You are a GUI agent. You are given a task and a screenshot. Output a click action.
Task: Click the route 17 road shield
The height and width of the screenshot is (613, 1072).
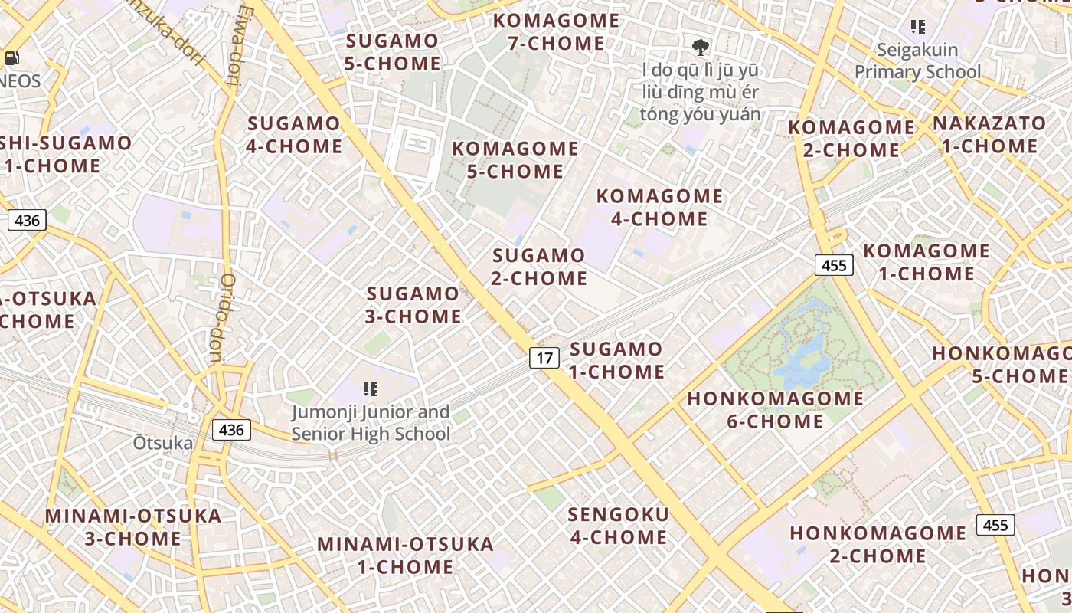(x=544, y=357)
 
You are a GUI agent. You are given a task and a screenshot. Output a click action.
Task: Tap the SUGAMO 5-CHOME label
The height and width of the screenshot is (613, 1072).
(x=392, y=52)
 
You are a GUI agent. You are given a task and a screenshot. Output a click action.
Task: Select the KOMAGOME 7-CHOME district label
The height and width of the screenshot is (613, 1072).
(x=556, y=32)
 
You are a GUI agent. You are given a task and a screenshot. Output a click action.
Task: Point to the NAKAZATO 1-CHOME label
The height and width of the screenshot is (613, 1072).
(x=989, y=134)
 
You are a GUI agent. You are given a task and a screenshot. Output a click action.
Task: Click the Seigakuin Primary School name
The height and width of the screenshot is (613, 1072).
(x=917, y=61)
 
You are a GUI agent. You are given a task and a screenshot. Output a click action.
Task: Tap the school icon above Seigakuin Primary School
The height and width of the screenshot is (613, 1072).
(x=918, y=28)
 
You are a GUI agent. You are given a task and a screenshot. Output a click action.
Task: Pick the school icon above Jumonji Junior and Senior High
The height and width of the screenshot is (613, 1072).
(x=371, y=389)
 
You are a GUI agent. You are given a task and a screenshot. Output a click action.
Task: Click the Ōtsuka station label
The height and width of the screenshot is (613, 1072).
(x=162, y=443)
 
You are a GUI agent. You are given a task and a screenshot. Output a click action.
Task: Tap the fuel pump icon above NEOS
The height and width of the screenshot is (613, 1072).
(x=11, y=57)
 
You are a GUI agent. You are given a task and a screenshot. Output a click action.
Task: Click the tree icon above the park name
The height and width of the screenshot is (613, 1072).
(x=700, y=48)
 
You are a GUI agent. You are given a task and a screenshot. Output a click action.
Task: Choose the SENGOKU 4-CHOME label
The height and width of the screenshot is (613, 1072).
(x=619, y=525)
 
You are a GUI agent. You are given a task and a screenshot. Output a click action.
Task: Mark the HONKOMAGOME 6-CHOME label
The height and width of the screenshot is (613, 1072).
(x=775, y=410)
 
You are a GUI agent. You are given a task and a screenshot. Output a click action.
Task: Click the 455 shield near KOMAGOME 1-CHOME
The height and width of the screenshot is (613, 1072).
(x=833, y=265)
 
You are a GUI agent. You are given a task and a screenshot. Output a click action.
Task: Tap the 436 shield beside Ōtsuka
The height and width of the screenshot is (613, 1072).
(x=231, y=430)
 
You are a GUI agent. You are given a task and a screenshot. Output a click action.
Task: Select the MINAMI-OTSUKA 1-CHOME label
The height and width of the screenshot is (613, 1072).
(x=406, y=556)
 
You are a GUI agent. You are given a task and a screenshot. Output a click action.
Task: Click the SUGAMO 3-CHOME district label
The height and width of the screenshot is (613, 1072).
(x=413, y=305)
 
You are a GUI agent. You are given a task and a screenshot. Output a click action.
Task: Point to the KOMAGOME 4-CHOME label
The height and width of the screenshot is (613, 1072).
(x=659, y=208)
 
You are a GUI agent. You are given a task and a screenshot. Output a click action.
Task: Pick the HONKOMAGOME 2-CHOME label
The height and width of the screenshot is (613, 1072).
(x=878, y=544)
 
